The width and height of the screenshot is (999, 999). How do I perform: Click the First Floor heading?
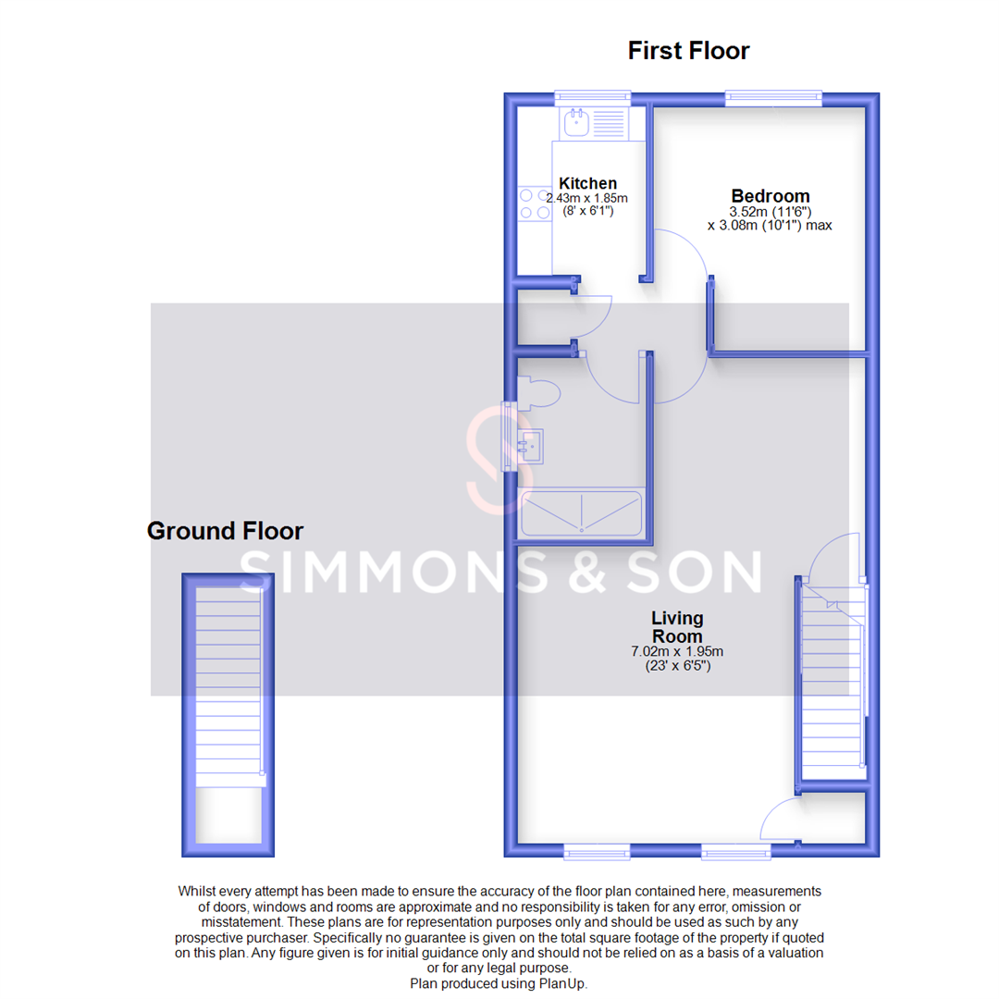click(688, 50)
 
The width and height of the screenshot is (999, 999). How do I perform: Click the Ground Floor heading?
click(225, 531)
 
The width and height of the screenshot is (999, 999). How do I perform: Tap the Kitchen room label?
click(587, 183)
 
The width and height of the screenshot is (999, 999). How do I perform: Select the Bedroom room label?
click(770, 196)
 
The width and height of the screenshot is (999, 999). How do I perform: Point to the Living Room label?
click(676, 627)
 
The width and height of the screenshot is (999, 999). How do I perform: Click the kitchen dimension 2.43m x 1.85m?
click(586, 198)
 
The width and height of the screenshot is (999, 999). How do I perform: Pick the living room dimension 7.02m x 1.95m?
click(676, 651)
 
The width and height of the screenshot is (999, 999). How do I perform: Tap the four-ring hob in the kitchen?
click(534, 203)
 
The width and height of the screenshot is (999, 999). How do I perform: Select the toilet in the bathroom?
click(538, 395)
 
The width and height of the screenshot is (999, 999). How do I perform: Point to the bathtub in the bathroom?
click(582, 513)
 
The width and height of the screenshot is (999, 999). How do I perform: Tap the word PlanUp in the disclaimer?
click(561, 984)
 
